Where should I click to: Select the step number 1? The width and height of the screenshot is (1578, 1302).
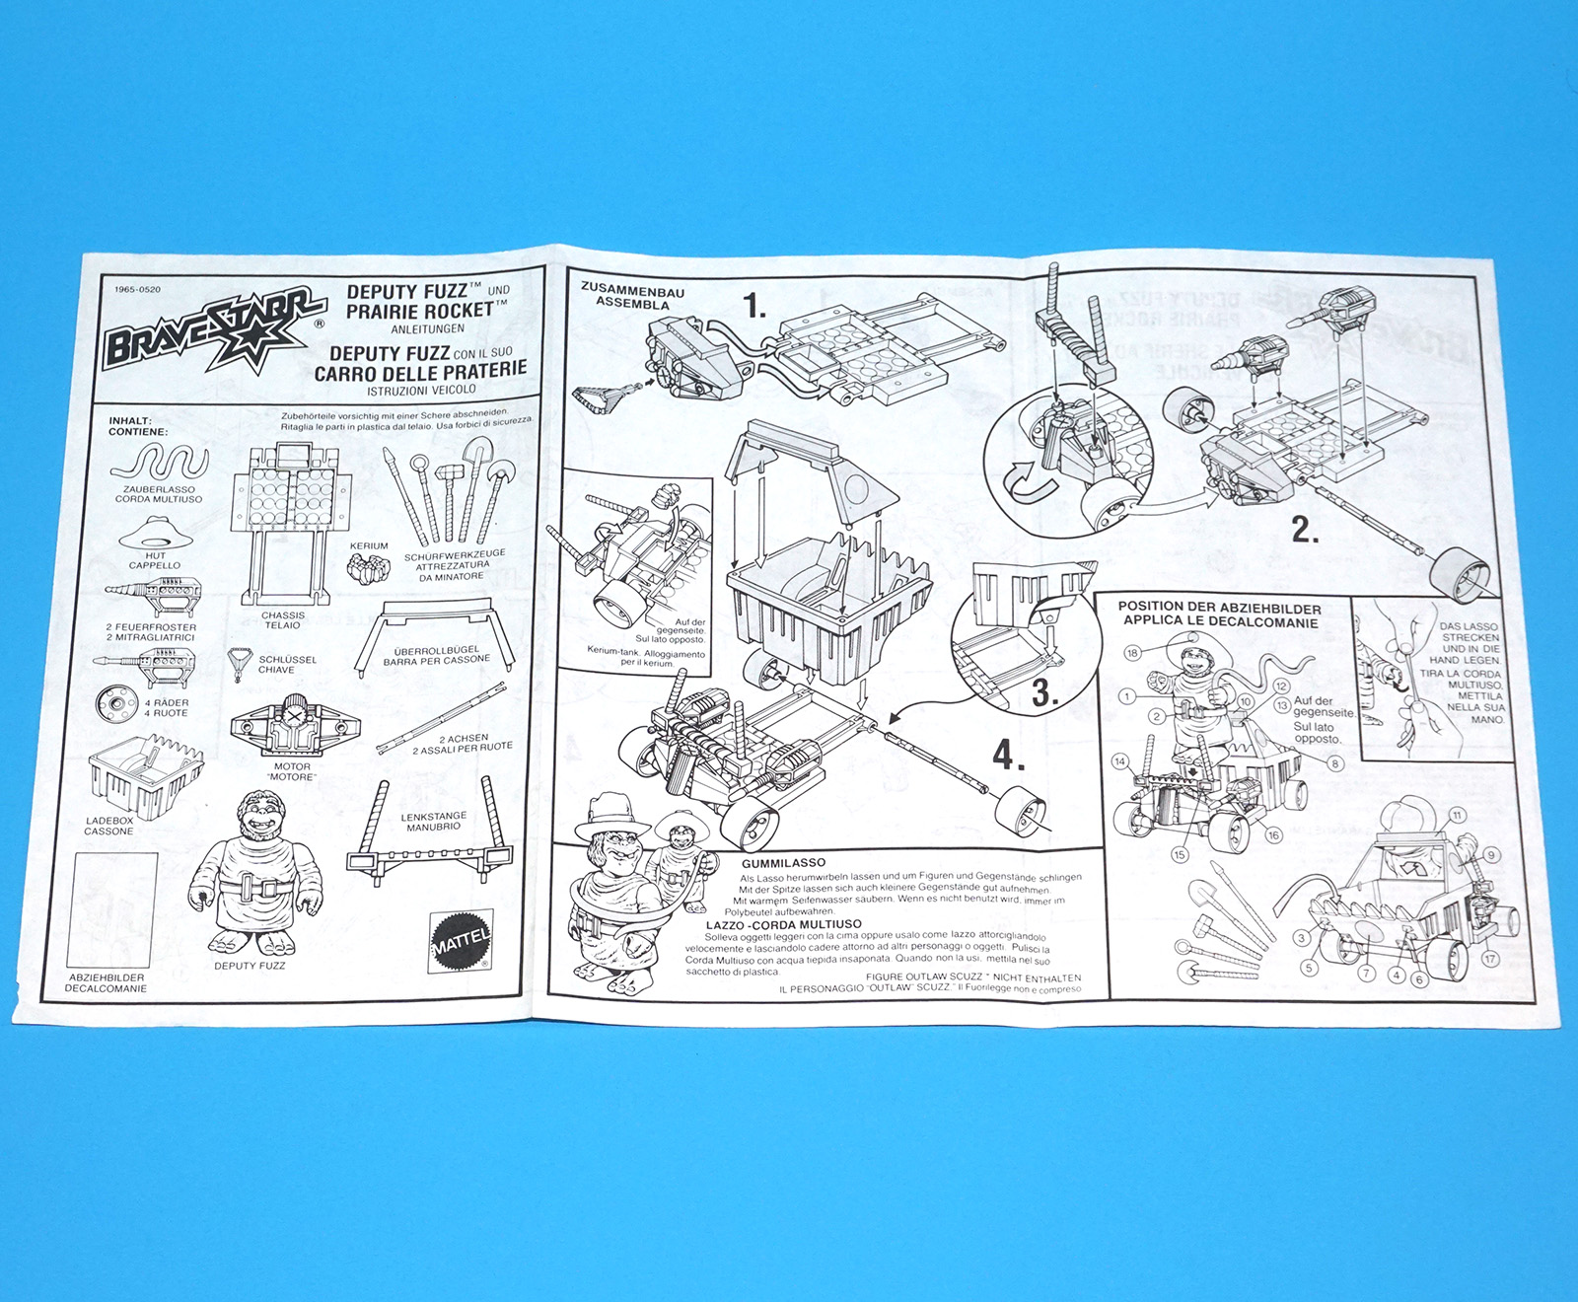[754, 307]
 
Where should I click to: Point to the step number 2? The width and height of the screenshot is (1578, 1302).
[1305, 531]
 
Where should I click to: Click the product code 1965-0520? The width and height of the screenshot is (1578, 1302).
[137, 290]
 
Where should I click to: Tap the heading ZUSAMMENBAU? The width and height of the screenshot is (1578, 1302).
[632, 291]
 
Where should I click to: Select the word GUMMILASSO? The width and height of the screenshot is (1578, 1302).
[783, 863]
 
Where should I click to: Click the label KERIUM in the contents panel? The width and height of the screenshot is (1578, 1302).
[369, 545]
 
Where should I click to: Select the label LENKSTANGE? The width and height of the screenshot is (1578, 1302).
[434, 817]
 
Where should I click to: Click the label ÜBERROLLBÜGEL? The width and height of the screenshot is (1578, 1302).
[436, 650]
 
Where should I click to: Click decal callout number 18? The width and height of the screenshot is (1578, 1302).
[1132, 653]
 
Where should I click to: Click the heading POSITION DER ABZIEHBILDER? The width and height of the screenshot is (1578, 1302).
[1219, 609]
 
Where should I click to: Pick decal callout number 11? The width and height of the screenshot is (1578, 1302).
[1457, 817]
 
